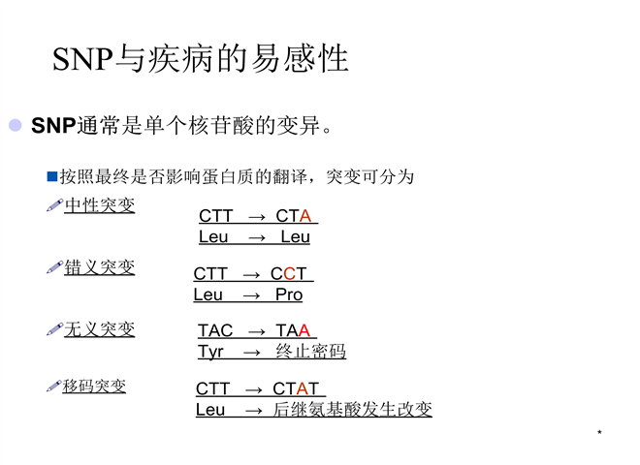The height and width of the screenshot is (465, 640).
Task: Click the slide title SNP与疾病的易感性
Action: pyautogui.click(x=201, y=59)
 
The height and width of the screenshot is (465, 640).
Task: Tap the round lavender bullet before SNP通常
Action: pyautogui.click(x=16, y=125)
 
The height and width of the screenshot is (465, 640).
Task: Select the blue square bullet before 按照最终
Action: pyautogui.click(x=52, y=176)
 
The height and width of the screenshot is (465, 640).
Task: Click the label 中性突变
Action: pyautogui.click(x=100, y=205)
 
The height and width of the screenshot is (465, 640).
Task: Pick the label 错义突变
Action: pyautogui.click(x=100, y=267)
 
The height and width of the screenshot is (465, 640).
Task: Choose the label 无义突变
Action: pyautogui.click(x=100, y=329)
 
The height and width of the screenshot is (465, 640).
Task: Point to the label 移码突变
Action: pyautogui.click(x=94, y=386)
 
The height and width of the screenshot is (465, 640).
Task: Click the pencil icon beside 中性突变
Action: pyautogui.click(x=54, y=205)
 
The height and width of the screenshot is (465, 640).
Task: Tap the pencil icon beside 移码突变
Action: pyautogui.click(x=54, y=386)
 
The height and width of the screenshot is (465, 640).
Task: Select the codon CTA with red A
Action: pyautogui.click(x=294, y=216)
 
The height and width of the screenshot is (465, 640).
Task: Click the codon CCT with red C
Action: pyautogui.click(x=289, y=274)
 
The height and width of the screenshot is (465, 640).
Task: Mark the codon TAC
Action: pyautogui.click(x=215, y=330)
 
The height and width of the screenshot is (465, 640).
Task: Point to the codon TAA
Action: pyautogui.click(x=293, y=330)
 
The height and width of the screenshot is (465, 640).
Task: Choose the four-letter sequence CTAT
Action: pyautogui.click(x=296, y=388)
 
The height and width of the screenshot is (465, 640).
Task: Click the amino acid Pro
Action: pyautogui.click(x=289, y=294)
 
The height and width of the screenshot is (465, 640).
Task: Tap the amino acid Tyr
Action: pyautogui.click(x=211, y=352)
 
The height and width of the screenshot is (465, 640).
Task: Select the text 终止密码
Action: pyautogui.click(x=310, y=352)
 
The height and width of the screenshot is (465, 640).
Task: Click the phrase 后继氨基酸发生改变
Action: pyautogui.click(x=353, y=409)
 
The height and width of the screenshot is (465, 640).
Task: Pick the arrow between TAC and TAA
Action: pyautogui.click(x=257, y=332)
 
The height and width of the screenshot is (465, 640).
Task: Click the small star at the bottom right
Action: pyautogui.click(x=599, y=431)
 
